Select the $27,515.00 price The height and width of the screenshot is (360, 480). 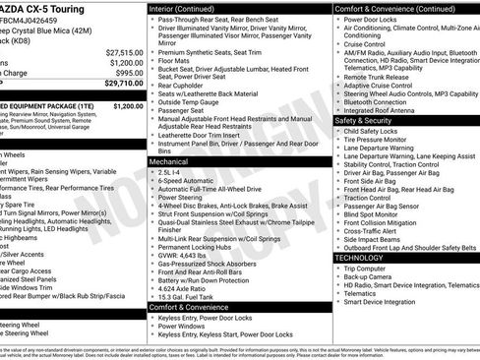pyautogui.click(x=124, y=51)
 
